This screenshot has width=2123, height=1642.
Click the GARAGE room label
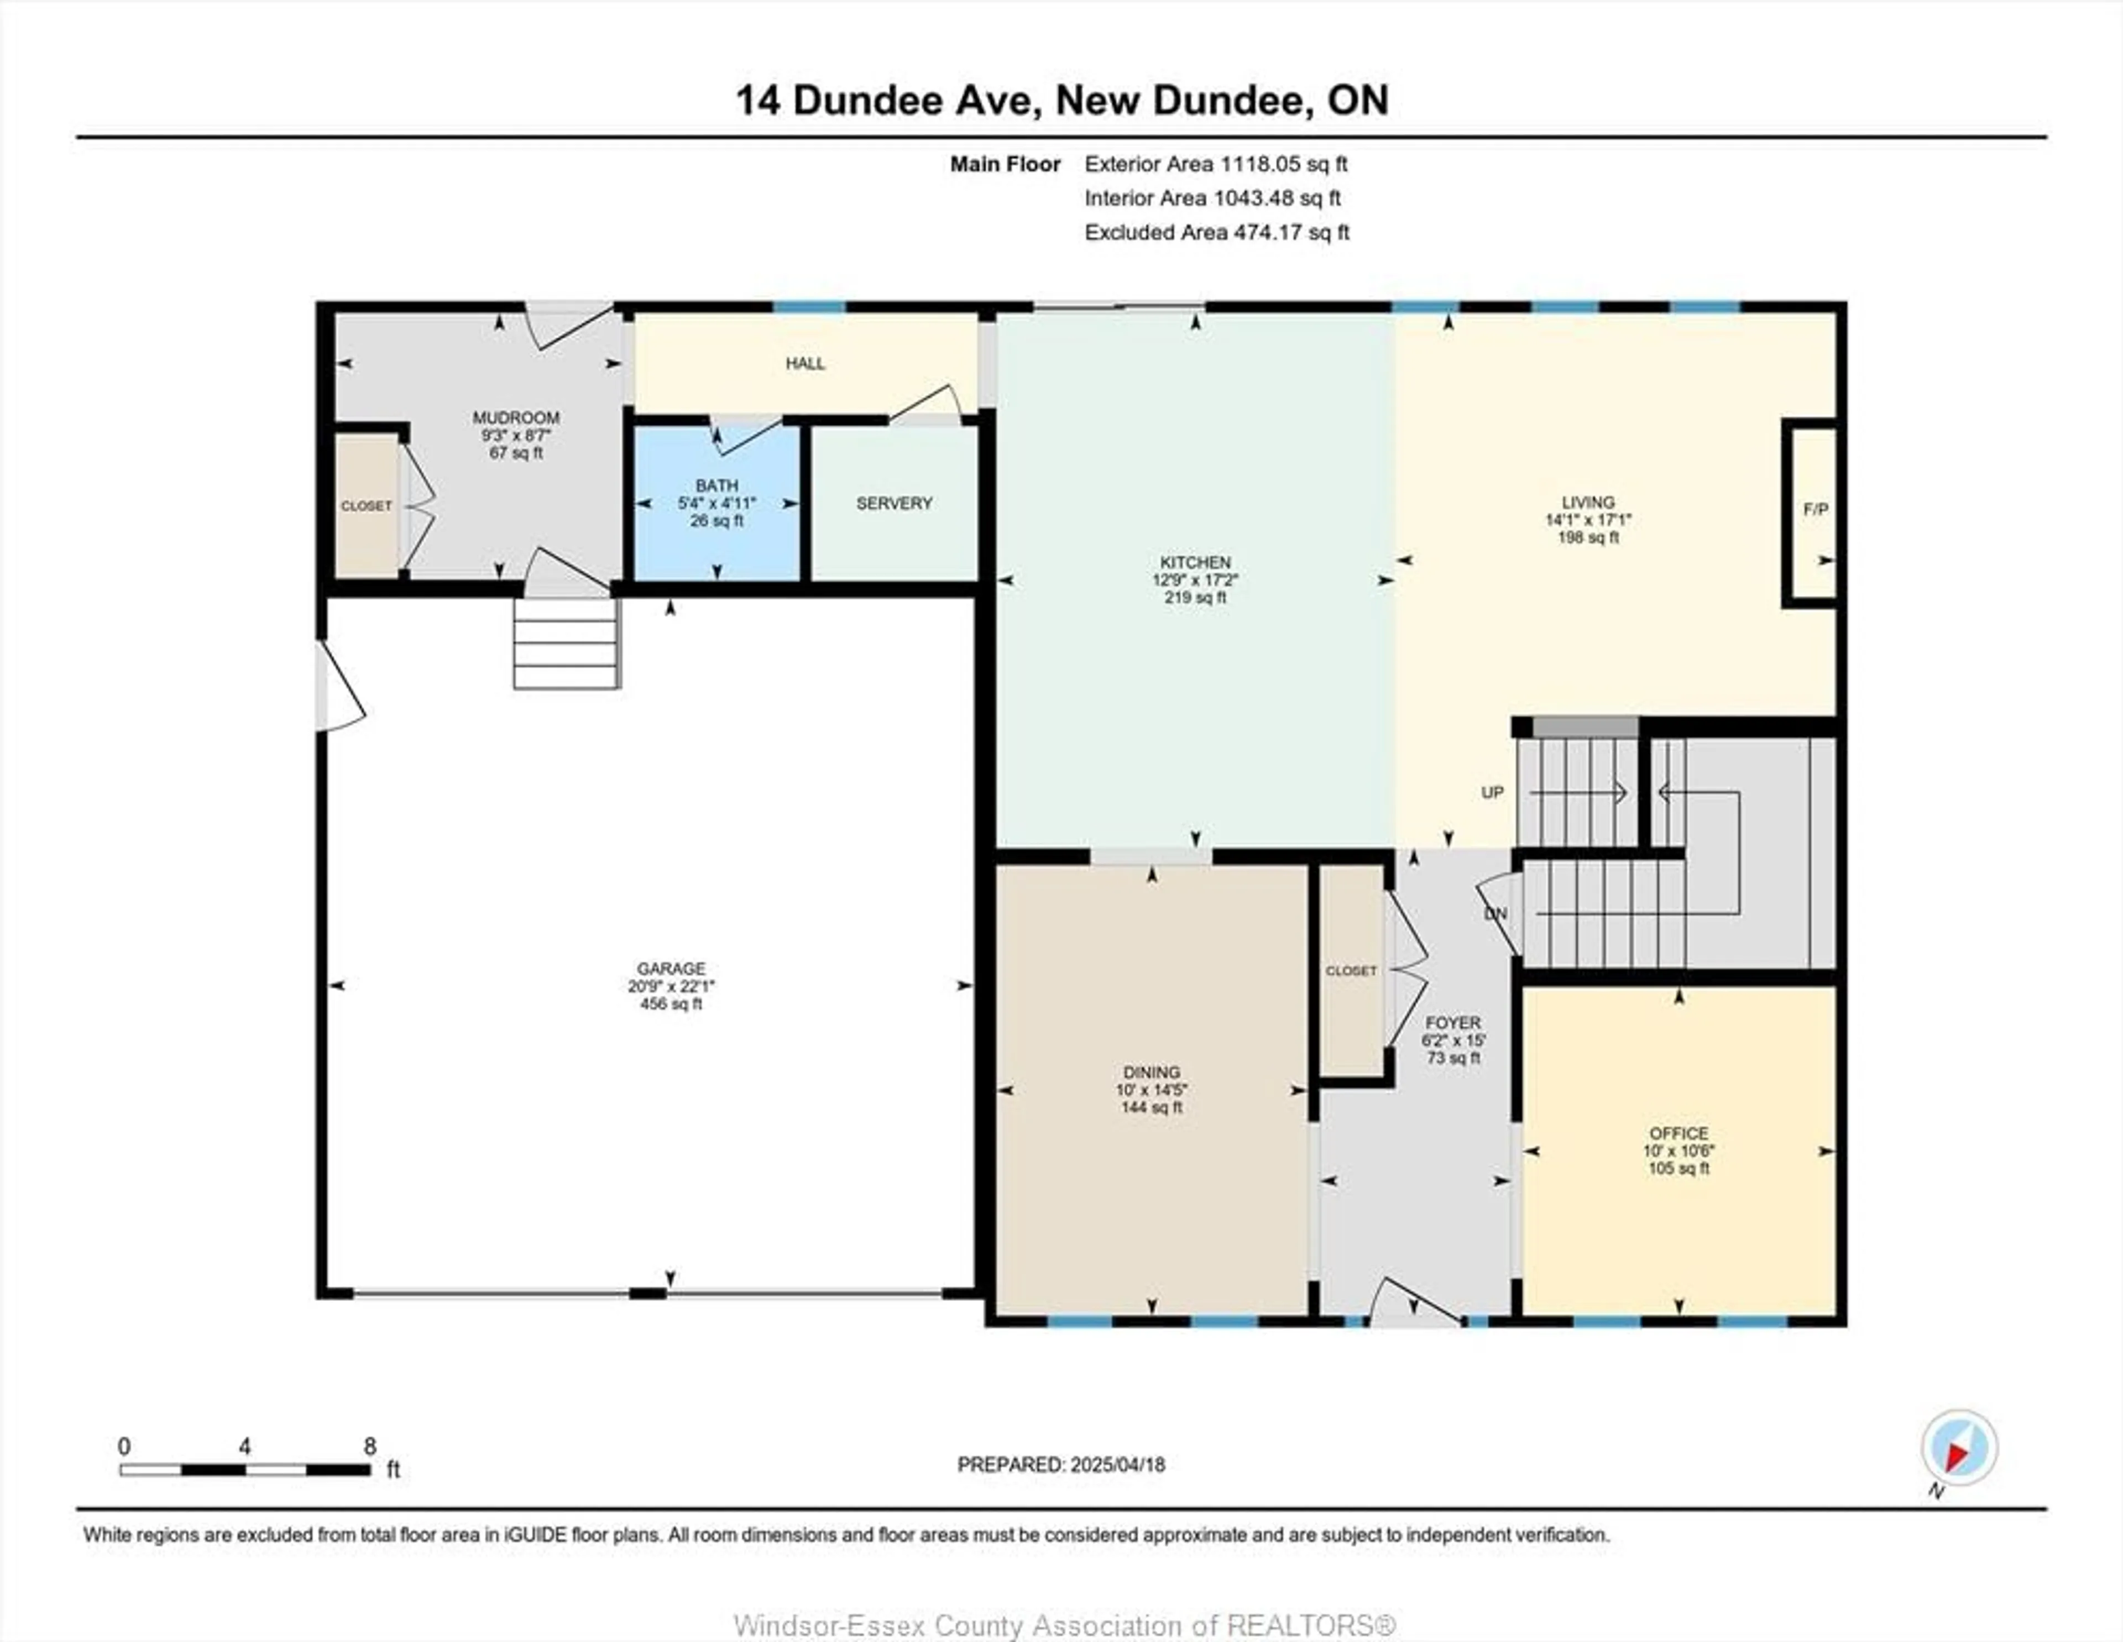click(x=671, y=968)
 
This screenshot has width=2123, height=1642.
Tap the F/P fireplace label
click(x=1815, y=509)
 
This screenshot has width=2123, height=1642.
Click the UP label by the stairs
click(x=1492, y=792)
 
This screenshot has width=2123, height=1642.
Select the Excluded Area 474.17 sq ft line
click(x=1216, y=232)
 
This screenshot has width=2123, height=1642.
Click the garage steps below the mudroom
click(x=566, y=644)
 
